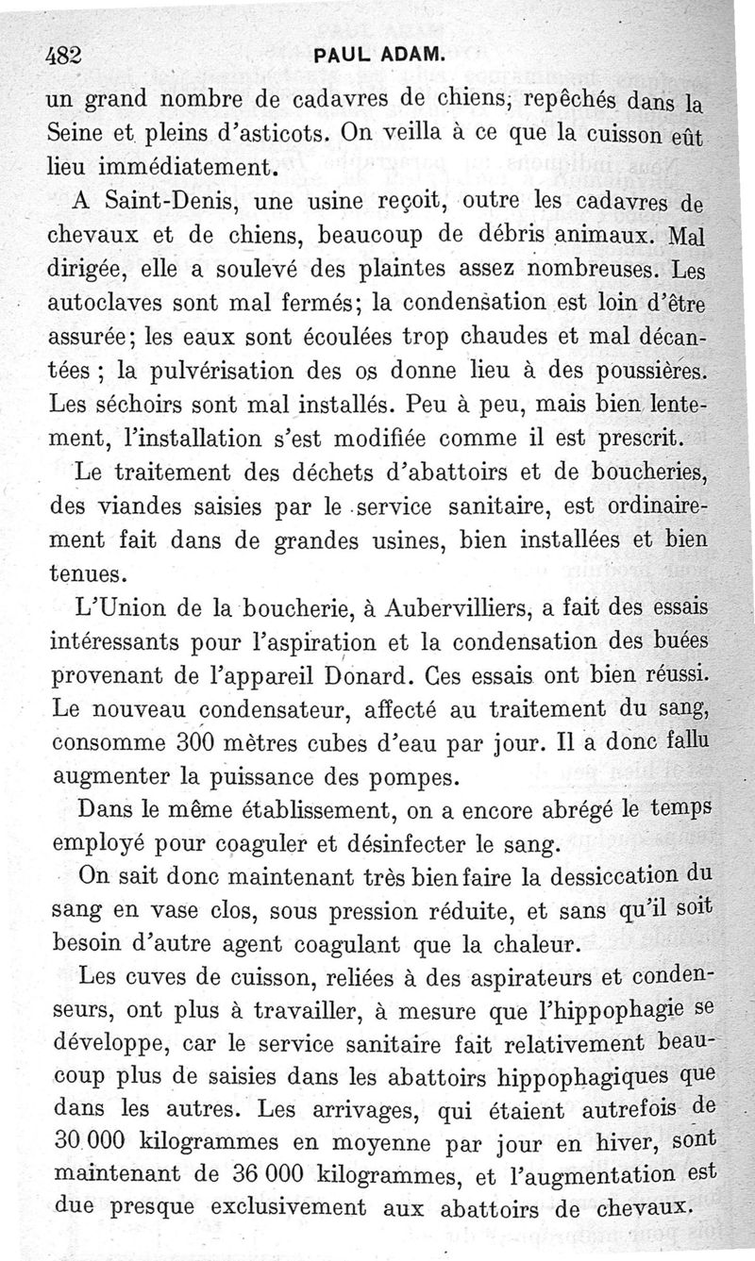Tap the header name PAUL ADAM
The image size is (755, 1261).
tap(377, 57)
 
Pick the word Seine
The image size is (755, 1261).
tap(76, 132)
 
